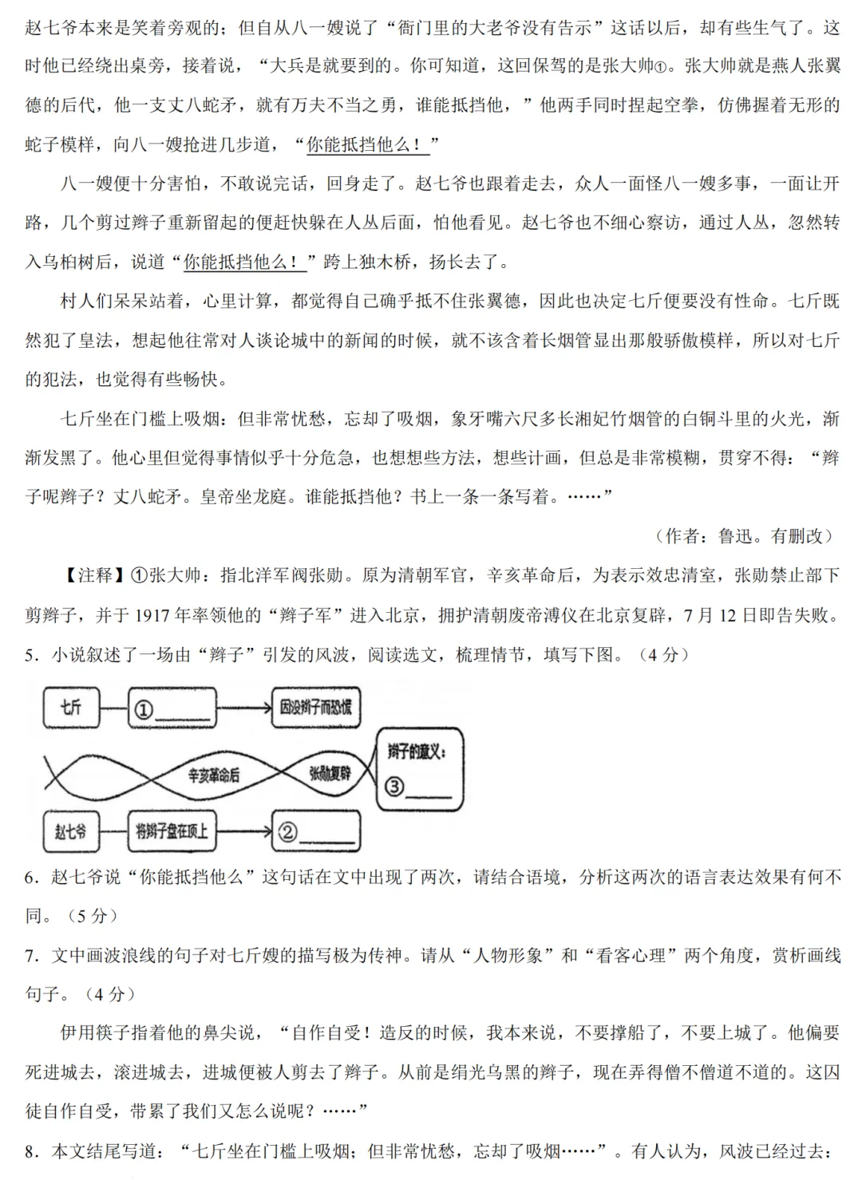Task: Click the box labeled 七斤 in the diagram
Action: click(71, 707)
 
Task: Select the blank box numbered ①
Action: click(172, 708)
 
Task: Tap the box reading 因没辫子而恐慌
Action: click(315, 707)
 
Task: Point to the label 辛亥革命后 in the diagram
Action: click(213, 774)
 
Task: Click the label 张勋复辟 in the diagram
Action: click(330, 772)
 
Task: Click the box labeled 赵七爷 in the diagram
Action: click(70, 831)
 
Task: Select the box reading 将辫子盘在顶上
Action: click(171, 831)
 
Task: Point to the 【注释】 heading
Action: click(94, 575)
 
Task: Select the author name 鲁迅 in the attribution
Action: click(735, 536)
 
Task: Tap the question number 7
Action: click(31, 955)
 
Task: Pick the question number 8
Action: click(31, 1151)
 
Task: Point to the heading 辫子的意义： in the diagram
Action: click(417, 751)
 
